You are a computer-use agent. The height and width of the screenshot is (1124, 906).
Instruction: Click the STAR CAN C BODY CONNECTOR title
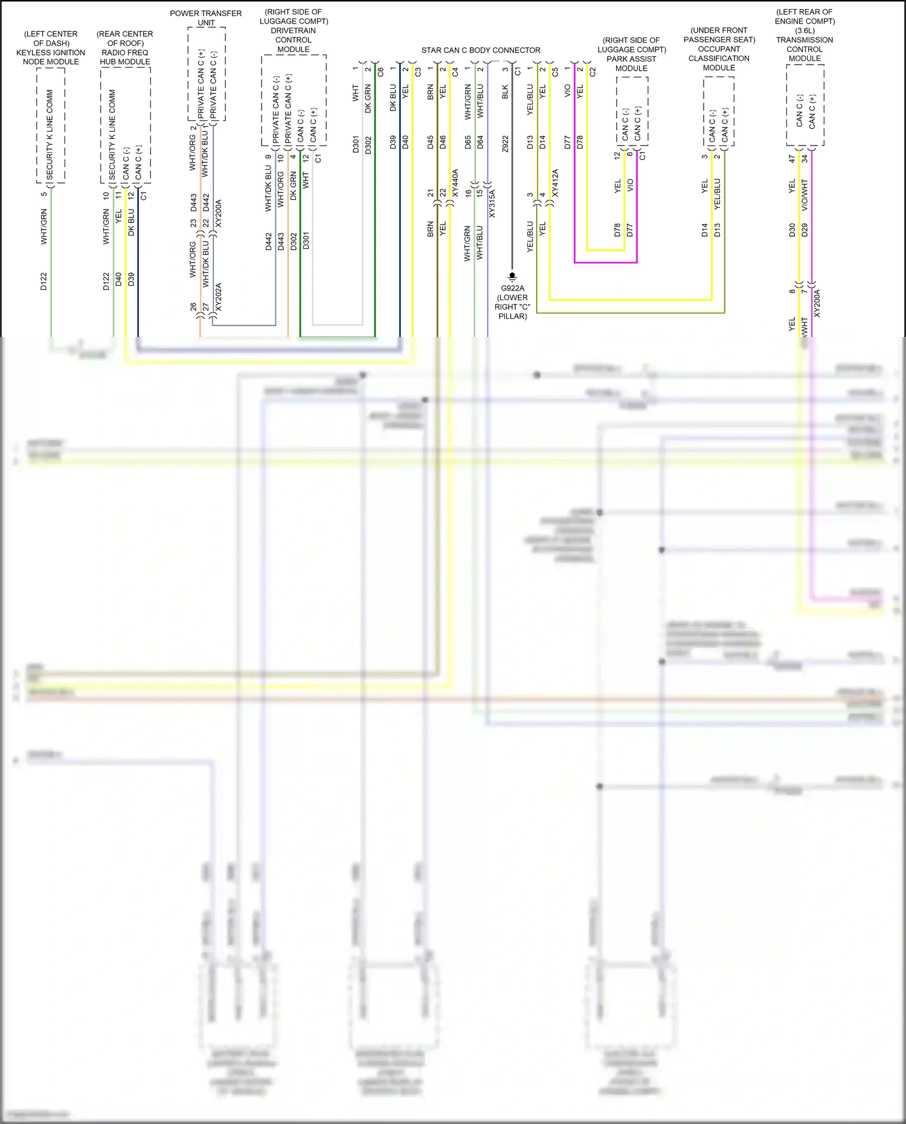pos(481,50)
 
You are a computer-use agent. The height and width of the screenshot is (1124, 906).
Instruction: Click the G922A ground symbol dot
pos(512,275)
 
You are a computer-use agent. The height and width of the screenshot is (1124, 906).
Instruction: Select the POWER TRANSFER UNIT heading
pos(206,18)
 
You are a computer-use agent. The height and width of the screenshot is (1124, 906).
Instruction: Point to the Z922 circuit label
pos(506,144)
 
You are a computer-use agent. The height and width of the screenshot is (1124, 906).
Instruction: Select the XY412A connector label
pos(555,183)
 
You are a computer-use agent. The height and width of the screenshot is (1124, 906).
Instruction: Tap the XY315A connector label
pos(492,204)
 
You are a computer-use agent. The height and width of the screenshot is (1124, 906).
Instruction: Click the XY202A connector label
pos(219,297)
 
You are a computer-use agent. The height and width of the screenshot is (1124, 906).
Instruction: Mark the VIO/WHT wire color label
pos(805,194)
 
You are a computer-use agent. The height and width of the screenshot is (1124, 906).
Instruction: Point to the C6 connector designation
pos(381,71)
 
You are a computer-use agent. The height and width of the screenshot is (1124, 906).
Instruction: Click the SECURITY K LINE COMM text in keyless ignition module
pos(50,134)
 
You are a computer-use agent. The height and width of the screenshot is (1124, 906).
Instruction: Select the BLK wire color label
pos(506,92)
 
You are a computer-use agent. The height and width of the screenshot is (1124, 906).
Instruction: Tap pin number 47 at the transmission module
pos(792,159)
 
